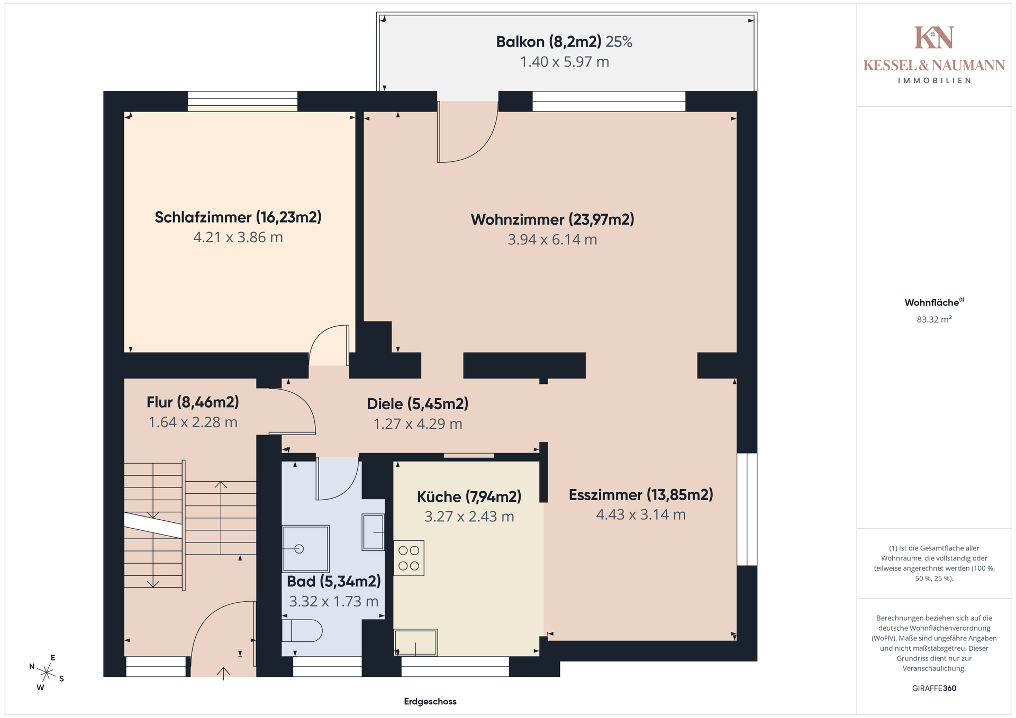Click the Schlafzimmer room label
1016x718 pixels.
(238, 217)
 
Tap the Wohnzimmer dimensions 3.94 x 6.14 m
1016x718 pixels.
(552, 240)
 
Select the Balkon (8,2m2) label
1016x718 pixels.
(549, 42)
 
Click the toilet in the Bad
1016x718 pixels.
(302, 631)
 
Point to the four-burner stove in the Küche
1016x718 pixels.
(409, 558)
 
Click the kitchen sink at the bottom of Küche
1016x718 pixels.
(416, 642)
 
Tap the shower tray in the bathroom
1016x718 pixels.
(306, 548)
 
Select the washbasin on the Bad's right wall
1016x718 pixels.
(373, 532)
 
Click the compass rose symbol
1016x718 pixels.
(47, 673)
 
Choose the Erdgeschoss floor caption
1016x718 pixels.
(430, 702)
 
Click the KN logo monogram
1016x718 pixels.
(934, 38)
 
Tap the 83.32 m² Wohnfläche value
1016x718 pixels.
(934, 319)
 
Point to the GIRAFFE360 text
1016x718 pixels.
(934, 688)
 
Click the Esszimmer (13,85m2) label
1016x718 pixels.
(641, 495)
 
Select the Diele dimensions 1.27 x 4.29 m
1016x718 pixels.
(418, 424)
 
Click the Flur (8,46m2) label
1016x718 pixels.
(193, 402)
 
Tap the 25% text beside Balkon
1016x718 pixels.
(619, 42)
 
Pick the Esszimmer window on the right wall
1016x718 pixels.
(747, 509)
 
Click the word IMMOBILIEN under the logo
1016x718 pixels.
(934, 80)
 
